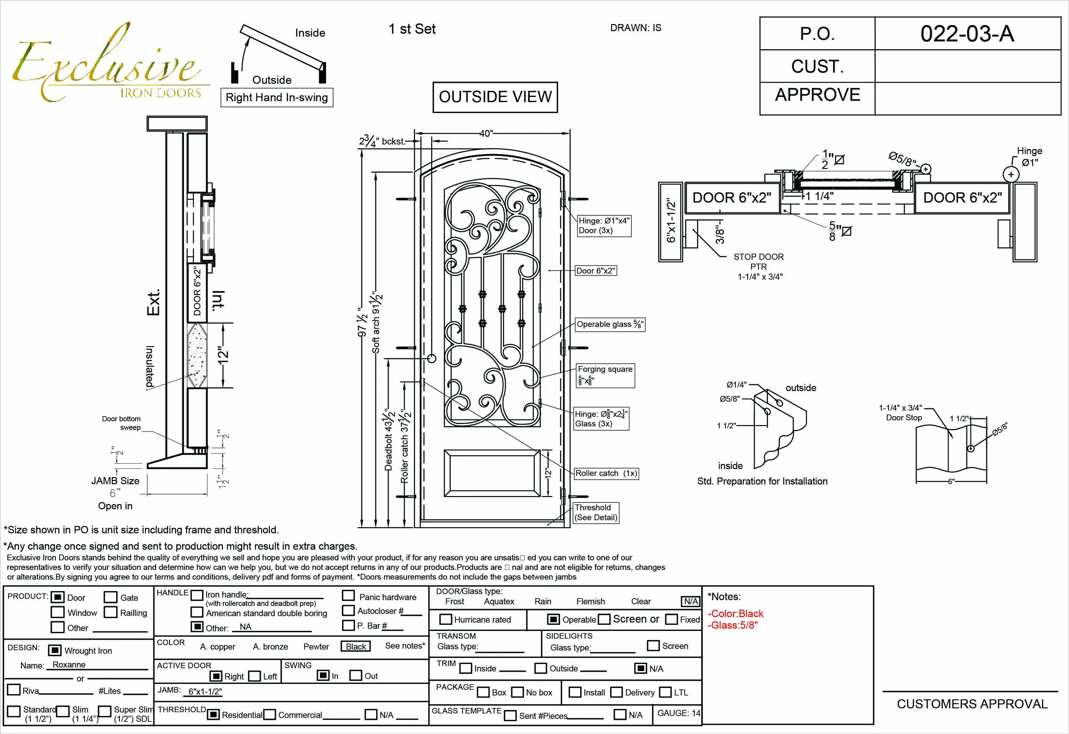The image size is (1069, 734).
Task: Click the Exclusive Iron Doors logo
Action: click(x=108, y=65)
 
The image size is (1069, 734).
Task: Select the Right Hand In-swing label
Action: click(x=277, y=98)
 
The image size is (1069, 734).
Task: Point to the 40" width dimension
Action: click(x=486, y=133)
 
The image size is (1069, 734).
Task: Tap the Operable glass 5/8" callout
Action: click(x=610, y=324)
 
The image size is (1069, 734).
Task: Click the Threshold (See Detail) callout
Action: click(x=596, y=512)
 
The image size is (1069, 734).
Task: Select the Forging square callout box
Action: click(x=605, y=375)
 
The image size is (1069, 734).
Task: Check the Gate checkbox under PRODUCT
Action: click(x=111, y=597)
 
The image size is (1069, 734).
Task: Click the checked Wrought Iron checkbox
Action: click(x=55, y=650)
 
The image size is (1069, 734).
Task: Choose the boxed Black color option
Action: click(x=356, y=646)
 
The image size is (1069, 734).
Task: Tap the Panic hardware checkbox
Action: click(x=348, y=596)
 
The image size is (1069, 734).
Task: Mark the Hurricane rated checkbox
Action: click(x=445, y=619)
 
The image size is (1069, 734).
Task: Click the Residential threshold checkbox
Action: click(x=213, y=714)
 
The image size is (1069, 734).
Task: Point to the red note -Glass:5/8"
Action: click(x=732, y=625)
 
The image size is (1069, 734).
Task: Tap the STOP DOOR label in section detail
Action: click(x=758, y=257)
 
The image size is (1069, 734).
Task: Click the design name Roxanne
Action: click(x=69, y=665)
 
